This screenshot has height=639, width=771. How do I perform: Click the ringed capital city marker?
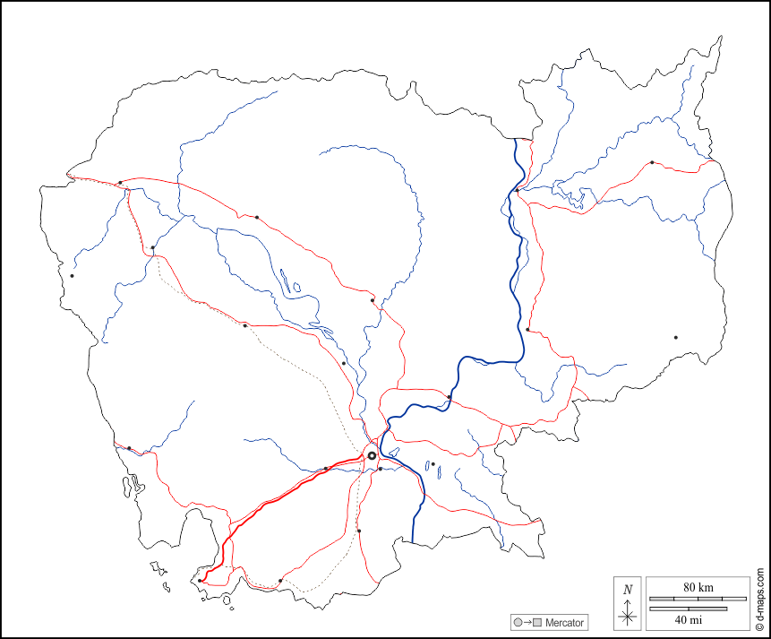[x=372, y=456]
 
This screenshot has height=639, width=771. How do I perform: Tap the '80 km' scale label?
[x=697, y=587]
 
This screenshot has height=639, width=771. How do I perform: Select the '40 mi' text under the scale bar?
[x=689, y=619]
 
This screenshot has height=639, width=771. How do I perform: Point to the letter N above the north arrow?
[x=628, y=590]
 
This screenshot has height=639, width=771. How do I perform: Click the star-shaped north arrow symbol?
[x=628, y=614]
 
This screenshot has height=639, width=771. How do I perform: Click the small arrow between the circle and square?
[x=527, y=622]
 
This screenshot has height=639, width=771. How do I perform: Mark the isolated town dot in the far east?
[x=675, y=338]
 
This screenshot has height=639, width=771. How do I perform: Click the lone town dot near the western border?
[x=72, y=276]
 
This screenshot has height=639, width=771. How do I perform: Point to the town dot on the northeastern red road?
[x=652, y=163]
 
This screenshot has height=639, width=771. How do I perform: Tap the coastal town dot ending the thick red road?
[x=200, y=581]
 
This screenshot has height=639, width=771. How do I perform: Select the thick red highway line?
[x=269, y=505]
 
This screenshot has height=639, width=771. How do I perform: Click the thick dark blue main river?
[x=518, y=296]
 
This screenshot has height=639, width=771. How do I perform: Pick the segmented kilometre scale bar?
[x=698, y=598]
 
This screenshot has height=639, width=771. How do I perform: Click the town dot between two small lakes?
[x=433, y=464]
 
